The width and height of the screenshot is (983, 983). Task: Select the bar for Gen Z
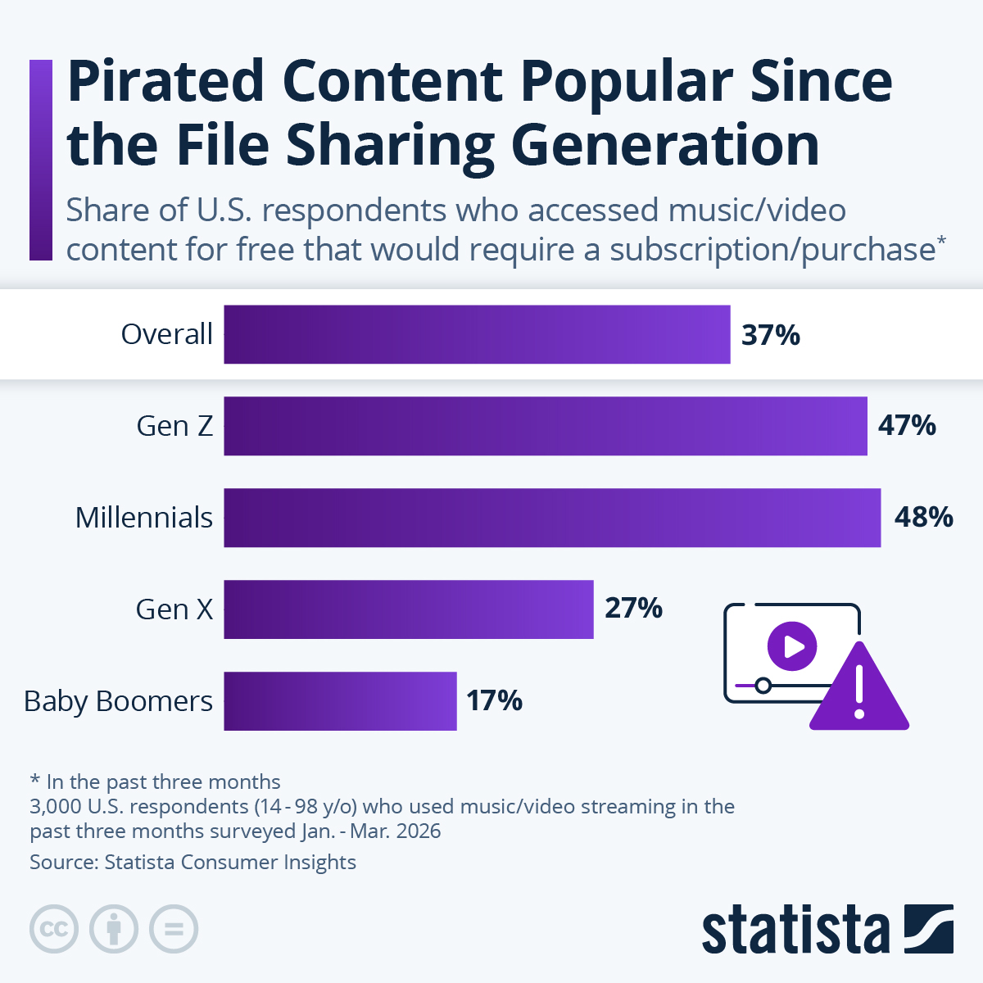(x=545, y=426)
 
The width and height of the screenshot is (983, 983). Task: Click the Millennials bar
(x=552, y=518)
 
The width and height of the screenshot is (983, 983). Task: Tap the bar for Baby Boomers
(x=340, y=701)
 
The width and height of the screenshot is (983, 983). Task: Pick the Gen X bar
(x=408, y=609)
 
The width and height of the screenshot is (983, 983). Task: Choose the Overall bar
(x=477, y=334)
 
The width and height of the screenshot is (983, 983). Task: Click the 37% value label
(x=770, y=335)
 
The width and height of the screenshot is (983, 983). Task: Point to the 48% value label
(x=923, y=518)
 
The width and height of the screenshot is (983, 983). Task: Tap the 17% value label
(x=494, y=701)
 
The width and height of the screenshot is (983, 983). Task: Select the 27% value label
(x=633, y=609)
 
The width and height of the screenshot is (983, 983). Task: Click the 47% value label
(x=907, y=426)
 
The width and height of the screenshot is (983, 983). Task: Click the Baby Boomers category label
(x=118, y=701)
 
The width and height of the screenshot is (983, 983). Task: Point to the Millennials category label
(x=144, y=518)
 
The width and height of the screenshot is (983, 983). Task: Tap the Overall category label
(x=167, y=334)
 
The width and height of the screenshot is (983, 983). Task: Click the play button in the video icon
(x=792, y=646)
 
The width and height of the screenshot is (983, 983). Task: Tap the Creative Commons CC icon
(x=54, y=929)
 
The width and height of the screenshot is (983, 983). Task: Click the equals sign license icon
(x=174, y=929)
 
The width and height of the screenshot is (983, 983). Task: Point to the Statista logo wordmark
(x=795, y=930)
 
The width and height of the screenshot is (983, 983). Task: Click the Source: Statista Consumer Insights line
(x=193, y=862)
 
